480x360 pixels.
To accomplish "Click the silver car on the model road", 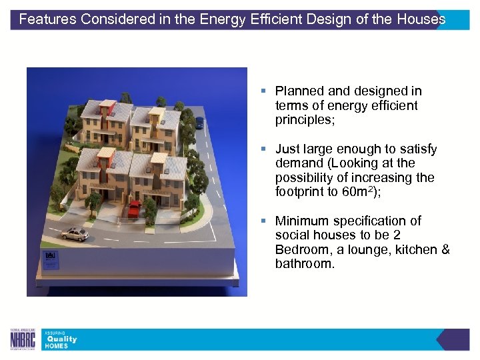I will coord(75,233).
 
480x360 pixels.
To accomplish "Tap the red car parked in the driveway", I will coord(135,209).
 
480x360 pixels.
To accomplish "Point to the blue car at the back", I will coord(199,122).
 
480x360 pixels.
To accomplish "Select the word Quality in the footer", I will coord(61,339).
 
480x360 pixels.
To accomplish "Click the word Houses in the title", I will coord(423,19).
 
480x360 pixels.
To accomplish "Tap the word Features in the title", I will coord(48,19).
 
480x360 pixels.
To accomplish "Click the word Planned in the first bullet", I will coord(299,91).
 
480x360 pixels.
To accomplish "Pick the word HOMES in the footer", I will coord(56,346).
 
